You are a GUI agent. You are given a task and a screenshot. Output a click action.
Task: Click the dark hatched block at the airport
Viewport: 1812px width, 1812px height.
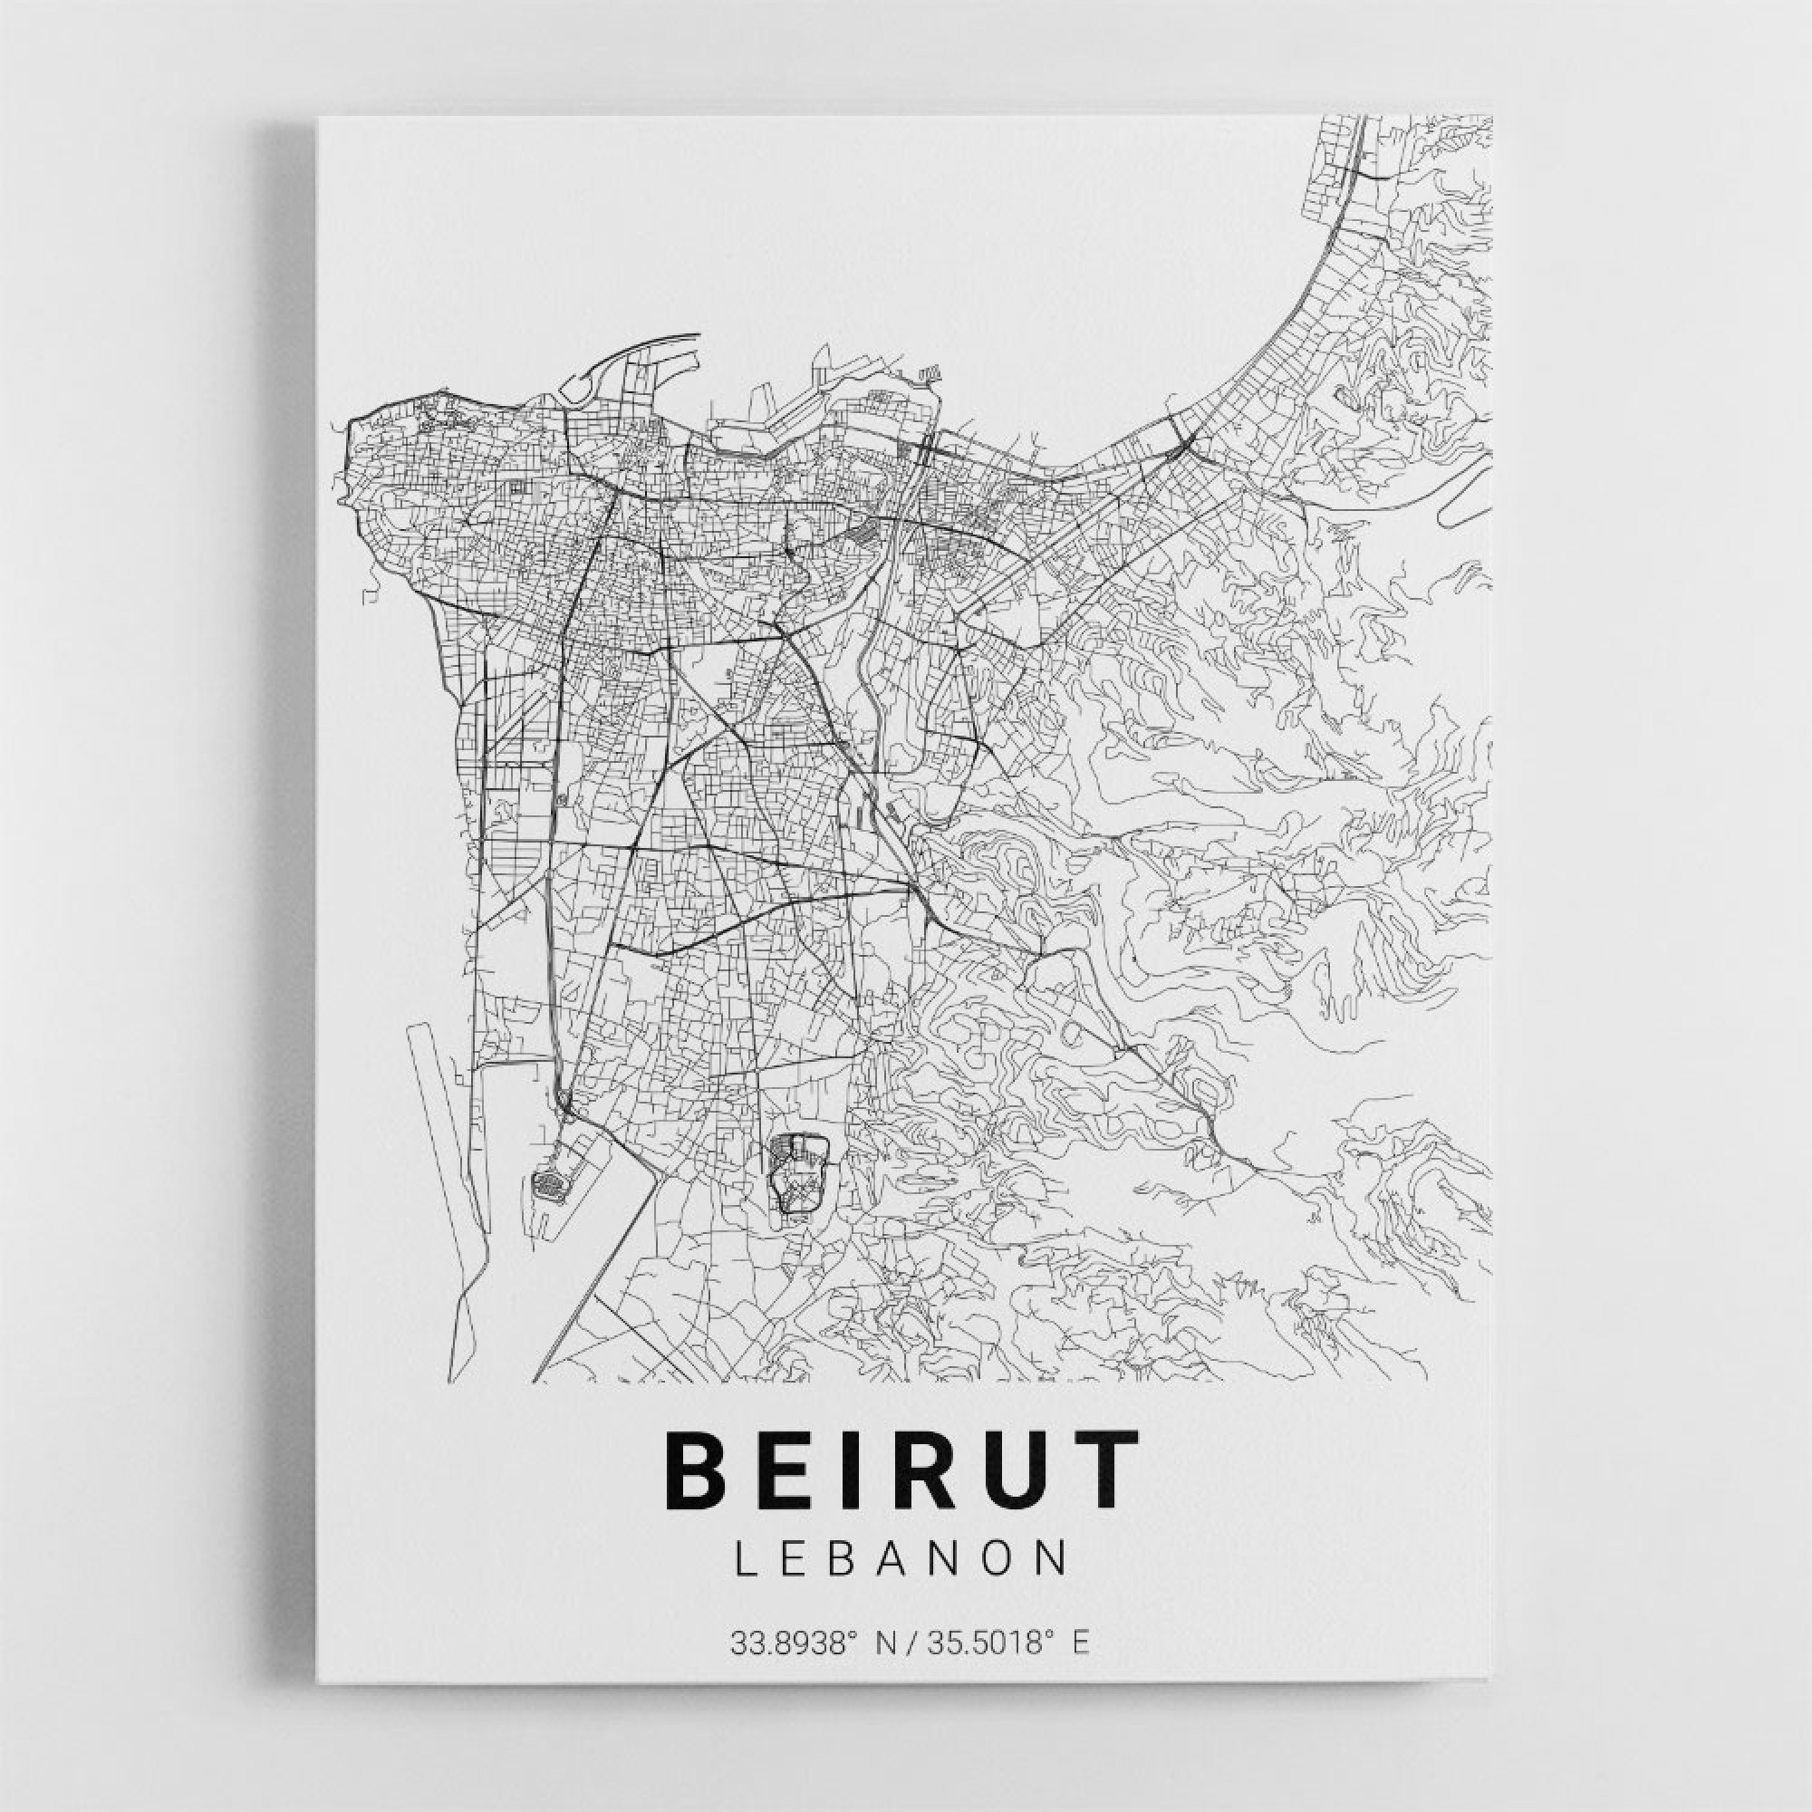[x=551, y=1183]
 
